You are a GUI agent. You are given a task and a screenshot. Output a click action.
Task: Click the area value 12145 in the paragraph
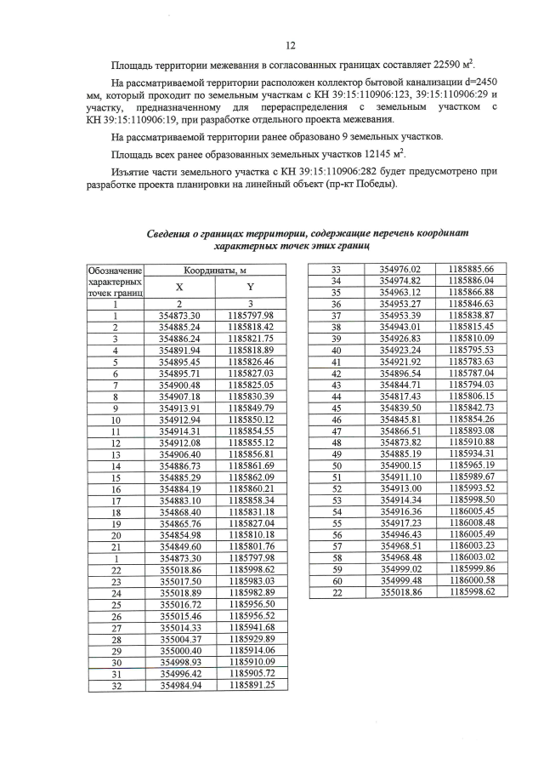[x=367, y=154]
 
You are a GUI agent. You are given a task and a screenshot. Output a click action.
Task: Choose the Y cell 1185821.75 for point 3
[x=250, y=338]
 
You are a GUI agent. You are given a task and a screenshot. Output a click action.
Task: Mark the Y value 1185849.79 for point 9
[x=250, y=408]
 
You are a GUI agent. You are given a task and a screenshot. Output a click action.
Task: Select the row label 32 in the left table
[x=114, y=685]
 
